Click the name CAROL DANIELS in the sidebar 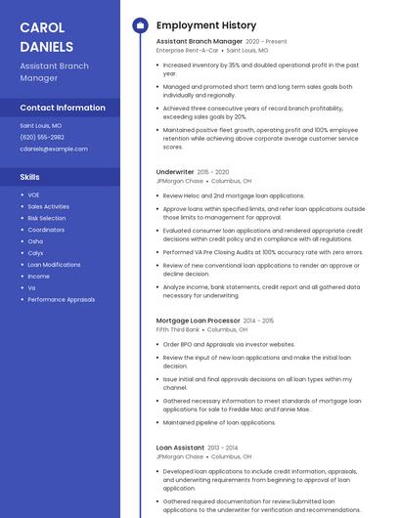coord(46,36)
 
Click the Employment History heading coord(205,25)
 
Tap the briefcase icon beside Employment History coord(139,25)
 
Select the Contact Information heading coord(63,108)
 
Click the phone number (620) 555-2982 coord(42,137)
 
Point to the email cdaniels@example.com coord(53,149)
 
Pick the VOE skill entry coord(33,194)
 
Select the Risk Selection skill coord(47,218)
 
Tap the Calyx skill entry coord(35,252)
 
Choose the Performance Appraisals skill coord(61,299)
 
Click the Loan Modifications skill coord(54,264)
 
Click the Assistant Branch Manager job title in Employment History coord(199,42)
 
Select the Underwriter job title coord(175,172)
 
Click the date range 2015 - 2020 coord(216,172)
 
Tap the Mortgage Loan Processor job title coord(198,321)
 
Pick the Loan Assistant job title coord(180,447)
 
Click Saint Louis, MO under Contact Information coord(40,126)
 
